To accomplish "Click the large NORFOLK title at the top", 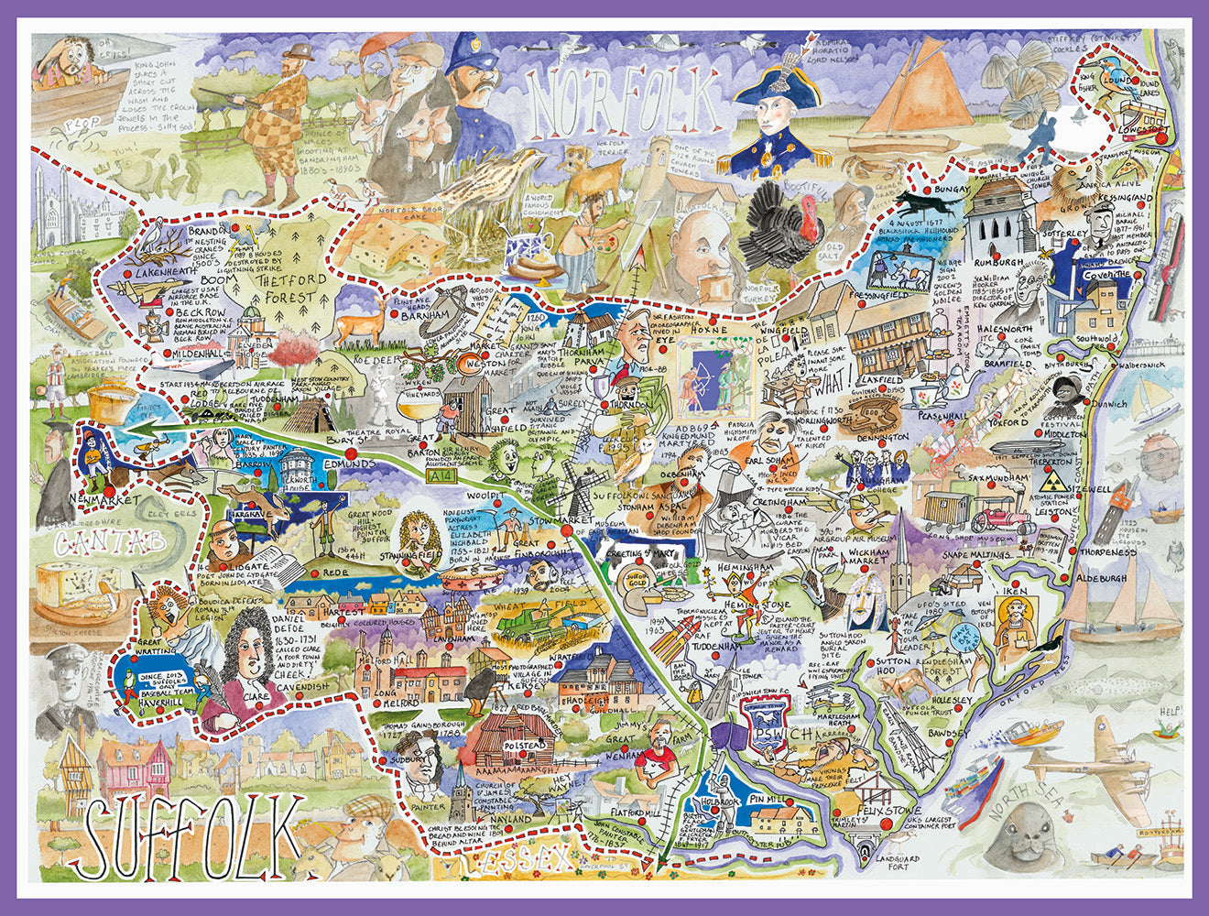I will point(624,100).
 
